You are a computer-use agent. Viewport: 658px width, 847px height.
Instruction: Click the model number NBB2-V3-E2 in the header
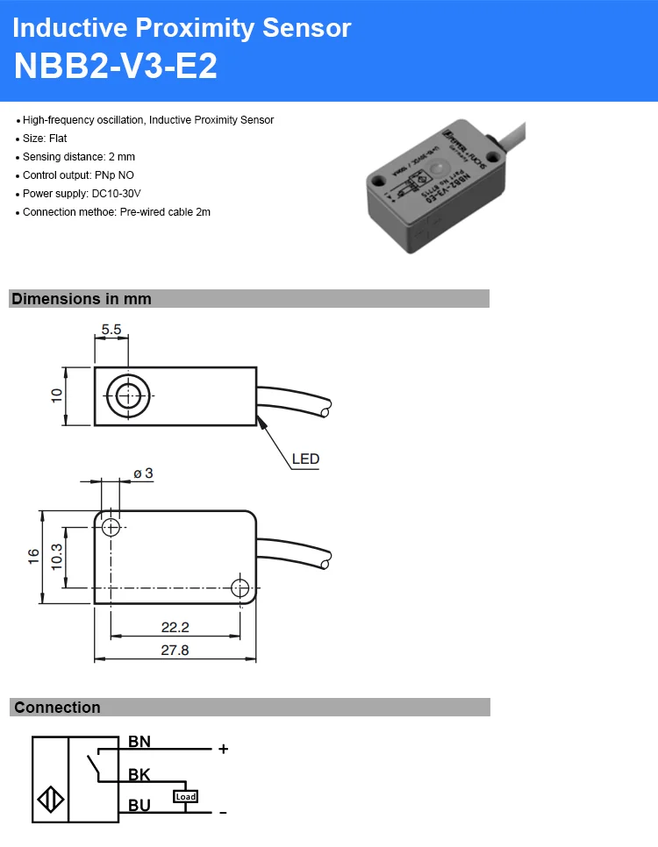115,67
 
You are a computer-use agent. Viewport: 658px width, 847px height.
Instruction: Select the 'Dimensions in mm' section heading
82,299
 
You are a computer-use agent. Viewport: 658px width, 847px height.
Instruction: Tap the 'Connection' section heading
57,708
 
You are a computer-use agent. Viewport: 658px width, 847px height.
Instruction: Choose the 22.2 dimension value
175,628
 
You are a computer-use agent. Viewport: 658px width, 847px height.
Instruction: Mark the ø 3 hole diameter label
143,473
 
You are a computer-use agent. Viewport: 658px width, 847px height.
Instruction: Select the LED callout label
305,459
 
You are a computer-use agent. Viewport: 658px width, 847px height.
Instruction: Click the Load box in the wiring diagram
186,796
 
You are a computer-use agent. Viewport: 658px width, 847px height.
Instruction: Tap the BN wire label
139,742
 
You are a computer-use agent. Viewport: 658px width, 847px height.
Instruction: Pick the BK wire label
139,774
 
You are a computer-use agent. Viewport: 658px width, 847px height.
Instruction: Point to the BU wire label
139,805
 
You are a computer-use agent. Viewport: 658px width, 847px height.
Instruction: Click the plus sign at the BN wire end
223,749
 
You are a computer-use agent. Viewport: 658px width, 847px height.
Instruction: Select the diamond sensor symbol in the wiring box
51,801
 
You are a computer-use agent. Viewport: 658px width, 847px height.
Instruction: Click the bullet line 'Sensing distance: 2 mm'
79,157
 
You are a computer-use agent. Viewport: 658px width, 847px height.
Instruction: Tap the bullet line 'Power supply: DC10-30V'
82,194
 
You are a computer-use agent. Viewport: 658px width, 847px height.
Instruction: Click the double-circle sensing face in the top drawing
128,395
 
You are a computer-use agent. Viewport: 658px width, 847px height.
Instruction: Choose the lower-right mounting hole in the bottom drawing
239,587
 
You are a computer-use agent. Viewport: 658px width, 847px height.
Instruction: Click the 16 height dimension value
33,556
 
